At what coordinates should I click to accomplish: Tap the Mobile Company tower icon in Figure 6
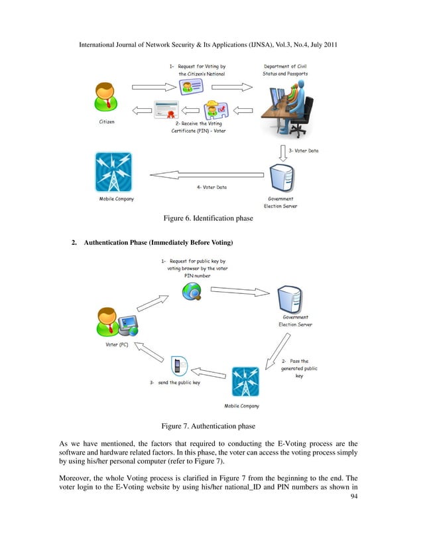(x=113, y=172)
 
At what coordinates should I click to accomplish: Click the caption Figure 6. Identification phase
(x=210, y=217)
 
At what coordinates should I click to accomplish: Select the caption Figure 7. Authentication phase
(x=210, y=427)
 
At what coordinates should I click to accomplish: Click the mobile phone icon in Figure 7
(x=178, y=366)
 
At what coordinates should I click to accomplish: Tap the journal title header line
(x=211, y=46)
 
